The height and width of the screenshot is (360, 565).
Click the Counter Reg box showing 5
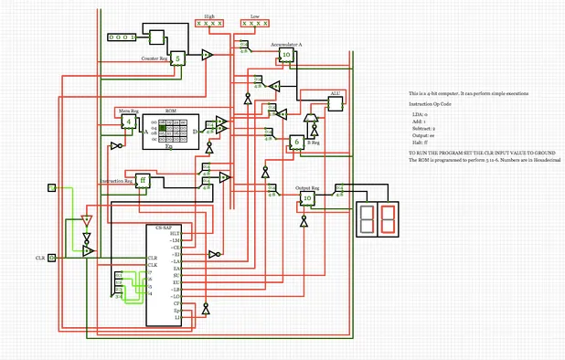(x=178, y=58)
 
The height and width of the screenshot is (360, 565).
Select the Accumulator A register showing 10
(x=286, y=55)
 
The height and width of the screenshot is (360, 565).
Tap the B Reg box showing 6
(x=296, y=142)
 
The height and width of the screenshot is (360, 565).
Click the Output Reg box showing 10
(x=307, y=197)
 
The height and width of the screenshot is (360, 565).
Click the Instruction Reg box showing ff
(x=142, y=179)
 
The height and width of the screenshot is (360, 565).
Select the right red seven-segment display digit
(x=389, y=217)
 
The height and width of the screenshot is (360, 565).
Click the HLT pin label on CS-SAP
(x=175, y=234)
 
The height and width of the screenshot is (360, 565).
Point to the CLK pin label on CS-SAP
(x=153, y=265)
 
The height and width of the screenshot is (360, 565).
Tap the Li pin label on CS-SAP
(x=176, y=315)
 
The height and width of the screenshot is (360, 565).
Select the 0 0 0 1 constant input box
(x=121, y=37)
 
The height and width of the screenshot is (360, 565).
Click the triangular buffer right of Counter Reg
(x=208, y=56)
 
